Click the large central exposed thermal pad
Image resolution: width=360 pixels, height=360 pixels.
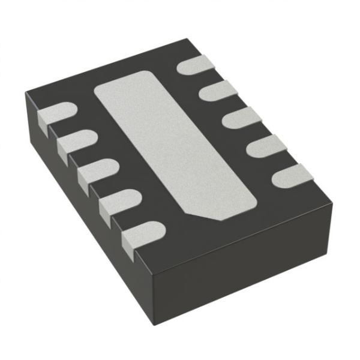174,144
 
